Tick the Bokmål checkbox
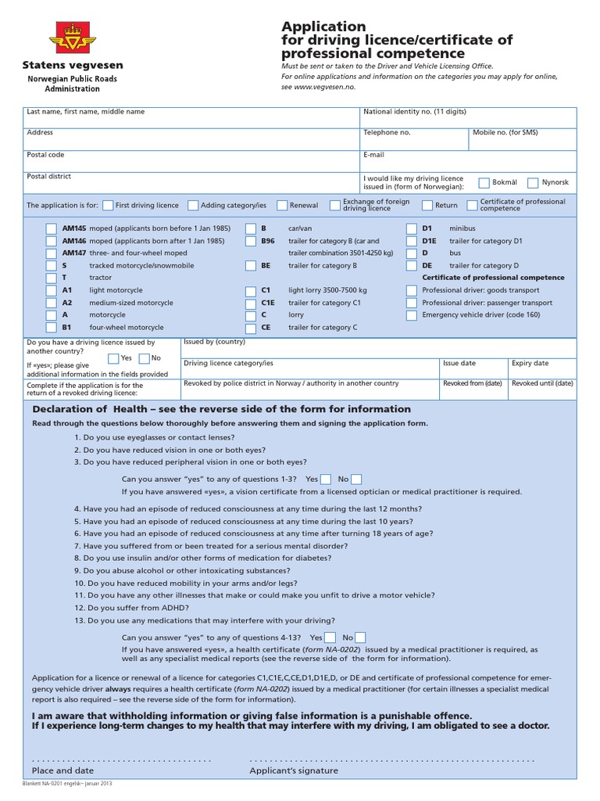(484, 183)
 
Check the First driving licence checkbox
(108, 206)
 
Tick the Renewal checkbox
(282, 206)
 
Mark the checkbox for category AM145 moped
(51, 228)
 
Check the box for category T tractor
(51, 278)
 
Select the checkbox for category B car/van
(250, 228)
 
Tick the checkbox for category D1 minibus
(411, 228)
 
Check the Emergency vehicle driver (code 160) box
(411, 315)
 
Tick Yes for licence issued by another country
(113, 358)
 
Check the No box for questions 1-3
(356, 479)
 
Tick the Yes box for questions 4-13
(330, 638)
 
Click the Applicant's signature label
(294, 770)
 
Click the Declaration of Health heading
(221, 409)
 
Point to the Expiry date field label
(530, 364)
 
